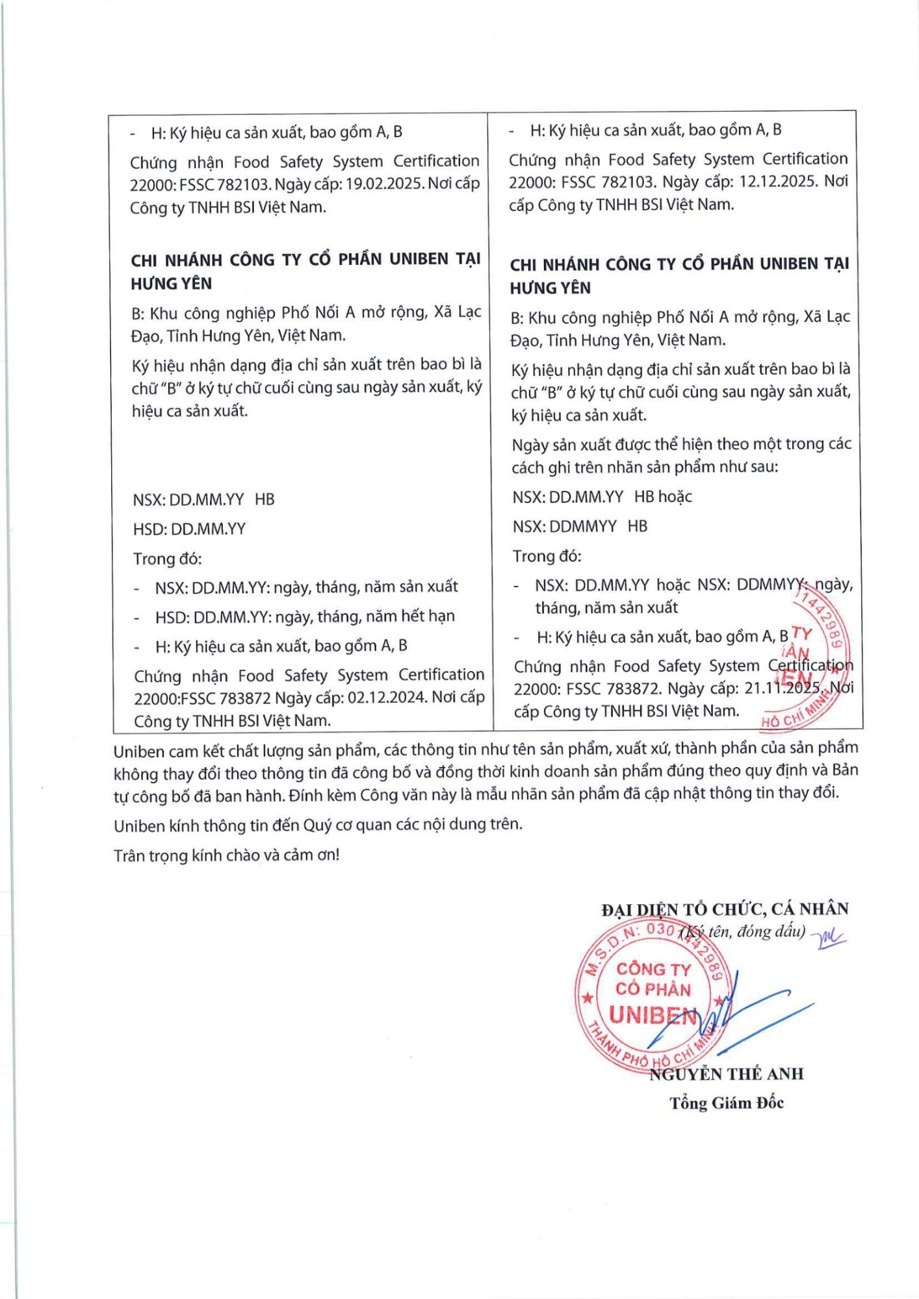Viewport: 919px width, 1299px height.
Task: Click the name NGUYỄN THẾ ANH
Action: tap(727, 1074)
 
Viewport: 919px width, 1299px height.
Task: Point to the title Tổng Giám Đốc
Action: tap(727, 1103)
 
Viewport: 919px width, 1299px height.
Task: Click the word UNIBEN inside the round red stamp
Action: tap(653, 1015)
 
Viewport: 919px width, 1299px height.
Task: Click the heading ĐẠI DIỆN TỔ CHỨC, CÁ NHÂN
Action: tap(725, 909)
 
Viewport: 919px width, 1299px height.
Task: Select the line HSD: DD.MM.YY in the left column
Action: tap(189, 529)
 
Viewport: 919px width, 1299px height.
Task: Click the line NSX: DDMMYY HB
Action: tap(580, 526)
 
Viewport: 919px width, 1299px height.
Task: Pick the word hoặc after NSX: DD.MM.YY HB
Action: tap(675, 497)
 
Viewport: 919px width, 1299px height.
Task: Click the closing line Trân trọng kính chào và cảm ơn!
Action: tap(226, 855)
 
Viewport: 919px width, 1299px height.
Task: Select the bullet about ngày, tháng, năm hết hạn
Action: tap(304, 616)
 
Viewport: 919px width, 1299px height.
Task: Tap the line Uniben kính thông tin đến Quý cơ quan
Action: tap(318, 826)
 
